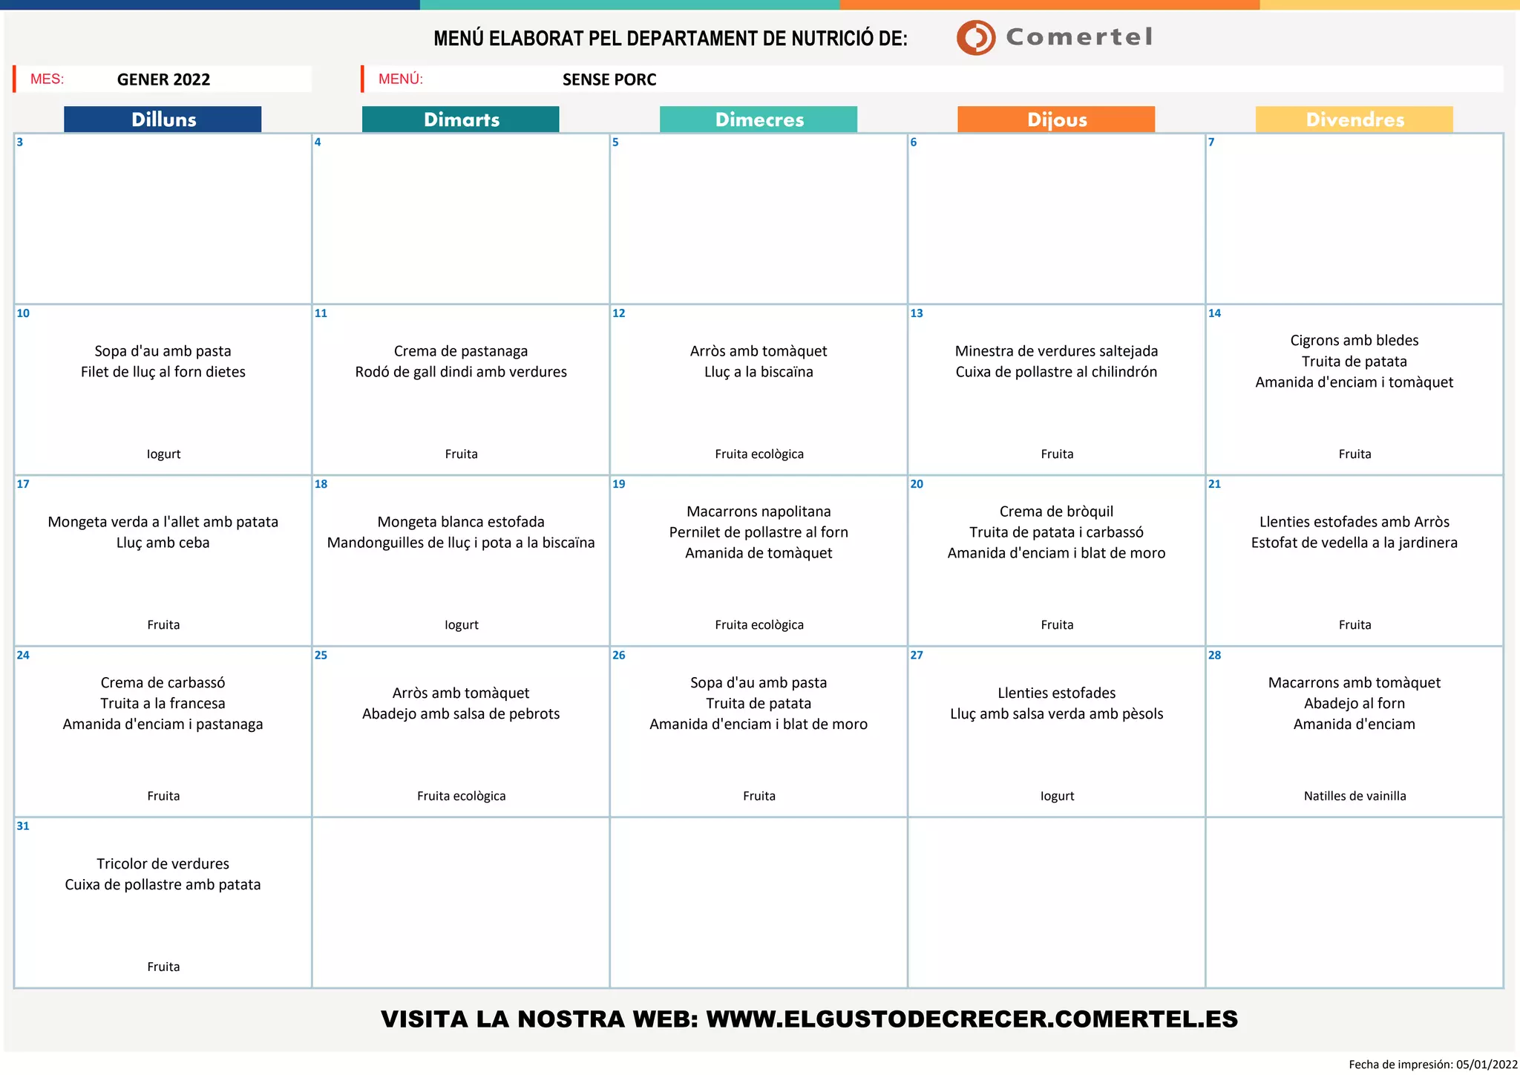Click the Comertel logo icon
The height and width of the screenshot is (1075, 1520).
pos(975,37)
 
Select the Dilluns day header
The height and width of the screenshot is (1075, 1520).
pos(163,120)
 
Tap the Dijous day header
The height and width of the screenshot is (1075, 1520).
pos(1056,120)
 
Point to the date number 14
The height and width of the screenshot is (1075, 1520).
pos(1214,313)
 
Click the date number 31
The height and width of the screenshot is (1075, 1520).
pos(23,826)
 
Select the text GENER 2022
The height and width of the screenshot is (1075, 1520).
pos(163,79)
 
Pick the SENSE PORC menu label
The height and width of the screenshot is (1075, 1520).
pos(609,79)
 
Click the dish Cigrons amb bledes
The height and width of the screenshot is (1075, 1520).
pos(1354,341)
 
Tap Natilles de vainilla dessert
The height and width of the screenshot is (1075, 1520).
pos(1354,796)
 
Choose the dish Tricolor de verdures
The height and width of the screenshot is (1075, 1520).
pos(163,863)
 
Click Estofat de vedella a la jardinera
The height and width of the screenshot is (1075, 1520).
pos(1354,543)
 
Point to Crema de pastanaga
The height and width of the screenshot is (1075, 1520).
pos(461,351)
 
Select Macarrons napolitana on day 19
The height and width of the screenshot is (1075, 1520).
pos(759,512)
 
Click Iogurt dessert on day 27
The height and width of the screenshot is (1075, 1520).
pos(1057,796)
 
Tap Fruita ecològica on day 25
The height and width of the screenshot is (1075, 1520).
pos(461,796)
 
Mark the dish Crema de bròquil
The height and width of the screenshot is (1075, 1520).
pos(1056,512)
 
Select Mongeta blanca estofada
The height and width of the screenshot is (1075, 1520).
pos(461,522)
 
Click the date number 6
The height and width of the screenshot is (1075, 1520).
pos(914,143)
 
